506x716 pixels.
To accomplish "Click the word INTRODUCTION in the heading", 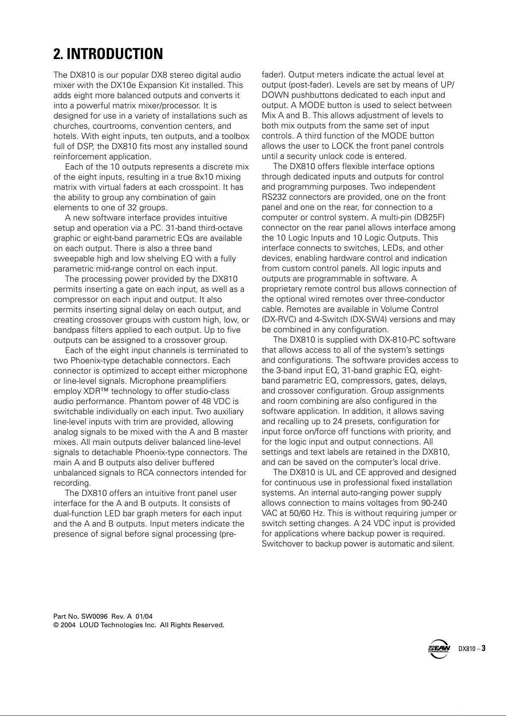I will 115,54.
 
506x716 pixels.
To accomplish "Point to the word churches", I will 68,126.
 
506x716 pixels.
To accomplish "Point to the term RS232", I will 274,197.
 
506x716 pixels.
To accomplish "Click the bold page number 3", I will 483,648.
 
